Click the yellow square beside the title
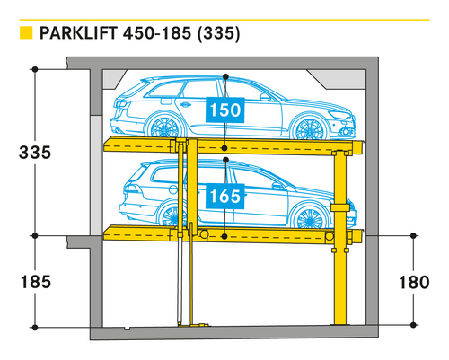pos(26,33)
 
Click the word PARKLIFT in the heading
pos(78,33)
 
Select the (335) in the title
pos(219,33)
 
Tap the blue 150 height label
pos(225,110)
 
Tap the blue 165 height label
pos(225,197)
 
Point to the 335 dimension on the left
pos(35,153)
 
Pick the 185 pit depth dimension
pos(36,282)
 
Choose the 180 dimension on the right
pos(414,283)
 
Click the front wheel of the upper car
pos(310,128)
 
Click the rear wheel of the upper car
pos(164,127)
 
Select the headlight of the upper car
pos(339,115)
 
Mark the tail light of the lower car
pos(131,189)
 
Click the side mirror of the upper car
pos(265,96)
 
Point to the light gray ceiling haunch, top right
pos(338,79)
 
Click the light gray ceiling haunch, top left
pos(114,79)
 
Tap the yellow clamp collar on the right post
pos(340,207)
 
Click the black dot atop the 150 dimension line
pos(225,77)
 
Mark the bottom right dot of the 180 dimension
pos(413,325)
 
